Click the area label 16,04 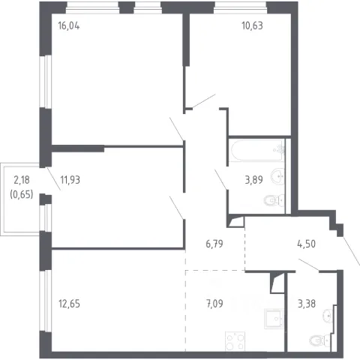69,25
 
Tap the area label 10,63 252,25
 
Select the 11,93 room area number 70,180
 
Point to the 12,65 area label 69,304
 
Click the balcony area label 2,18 22,180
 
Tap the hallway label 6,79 214,244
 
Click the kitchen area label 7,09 214,304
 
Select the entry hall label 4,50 306,244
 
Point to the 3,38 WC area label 307,304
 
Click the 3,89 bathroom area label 253,180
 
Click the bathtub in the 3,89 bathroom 258,150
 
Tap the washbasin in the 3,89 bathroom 278,176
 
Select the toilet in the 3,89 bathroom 274,200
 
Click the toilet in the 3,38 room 320,340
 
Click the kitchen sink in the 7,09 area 274,319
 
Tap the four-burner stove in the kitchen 235,342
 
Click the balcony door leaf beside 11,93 54,179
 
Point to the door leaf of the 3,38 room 309,265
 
